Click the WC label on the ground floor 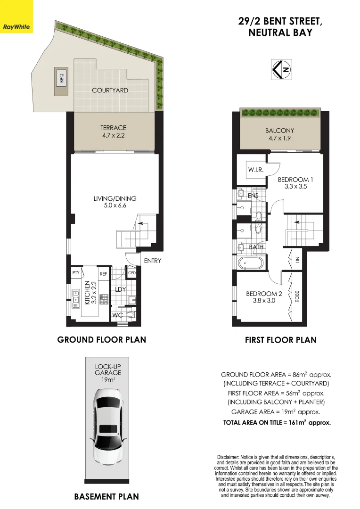[x=118, y=315]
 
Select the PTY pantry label [x=75, y=273]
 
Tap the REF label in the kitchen [x=103, y=273]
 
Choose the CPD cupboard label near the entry [x=132, y=273]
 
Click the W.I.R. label [x=255, y=169]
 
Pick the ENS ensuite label [x=253, y=195]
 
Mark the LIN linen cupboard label [x=297, y=260]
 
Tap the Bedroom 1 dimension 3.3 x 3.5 [x=295, y=187]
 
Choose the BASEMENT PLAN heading [x=106, y=496]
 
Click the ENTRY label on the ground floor [x=152, y=261]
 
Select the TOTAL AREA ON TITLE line [x=277, y=423]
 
